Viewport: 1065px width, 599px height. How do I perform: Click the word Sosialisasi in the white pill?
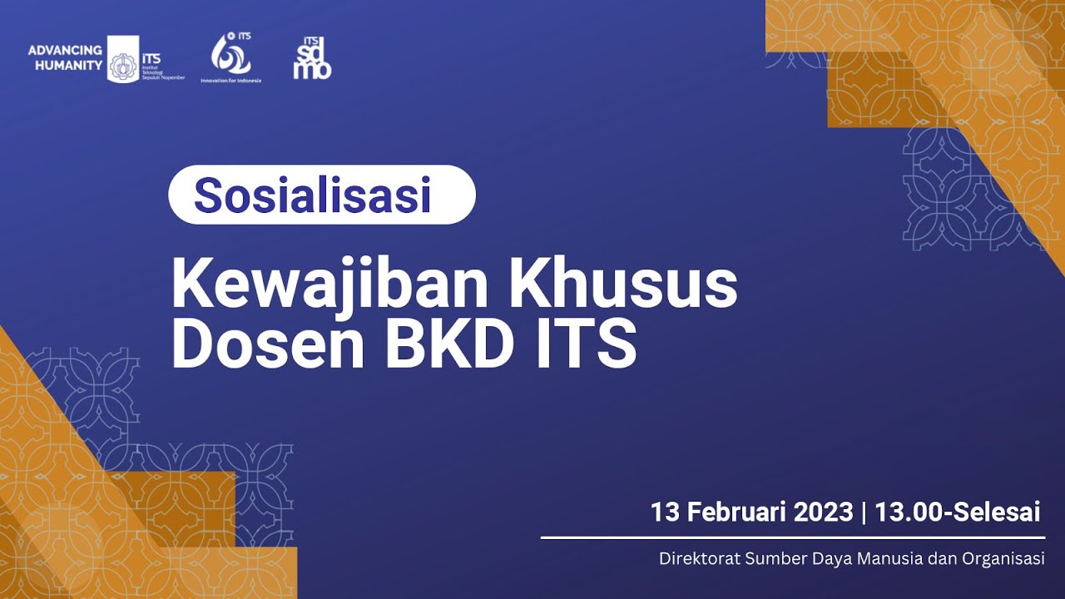(x=312, y=196)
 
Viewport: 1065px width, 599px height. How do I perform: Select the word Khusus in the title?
(x=623, y=285)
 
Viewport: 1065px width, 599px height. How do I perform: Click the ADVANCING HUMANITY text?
(x=65, y=57)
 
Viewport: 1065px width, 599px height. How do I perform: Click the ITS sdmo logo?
(x=312, y=58)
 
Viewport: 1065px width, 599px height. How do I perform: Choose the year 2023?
(x=823, y=512)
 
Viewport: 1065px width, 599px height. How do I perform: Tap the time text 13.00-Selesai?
(x=957, y=512)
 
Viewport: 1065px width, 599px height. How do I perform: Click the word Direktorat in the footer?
(x=694, y=558)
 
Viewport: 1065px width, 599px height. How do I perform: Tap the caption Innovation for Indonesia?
(x=230, y=81)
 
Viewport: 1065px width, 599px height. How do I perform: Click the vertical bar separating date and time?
(x=864, y=512)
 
